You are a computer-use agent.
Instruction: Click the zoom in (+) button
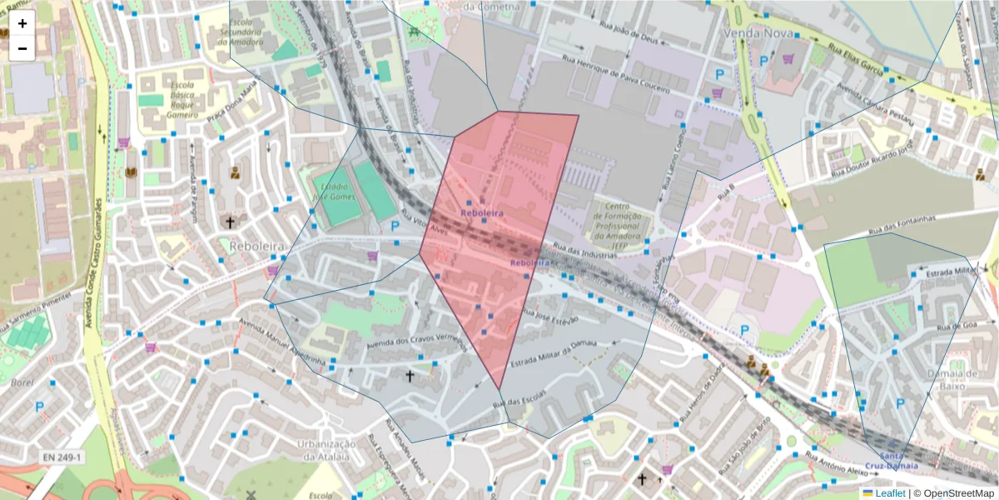pos(22,23)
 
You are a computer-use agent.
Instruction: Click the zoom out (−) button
pos(22,48)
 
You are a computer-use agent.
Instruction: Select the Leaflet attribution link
pos(889,493)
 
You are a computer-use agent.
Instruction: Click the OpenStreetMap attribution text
pos(954,493)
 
